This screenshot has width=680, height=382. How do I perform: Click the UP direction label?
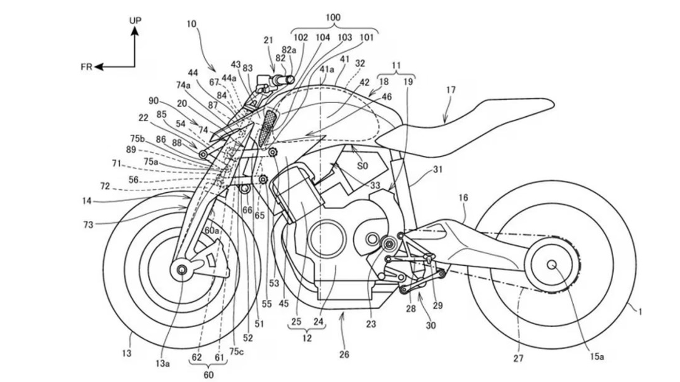[x=135, y=20]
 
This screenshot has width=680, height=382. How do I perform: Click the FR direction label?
[x=86, y=67]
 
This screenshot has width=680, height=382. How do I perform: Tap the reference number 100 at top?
[x=333, y=17]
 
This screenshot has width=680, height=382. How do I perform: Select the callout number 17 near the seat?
[x=450, y=90]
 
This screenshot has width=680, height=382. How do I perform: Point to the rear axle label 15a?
[x=596, y=357]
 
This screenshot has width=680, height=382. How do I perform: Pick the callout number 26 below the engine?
[x=344, y=354]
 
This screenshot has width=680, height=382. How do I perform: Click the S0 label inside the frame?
[x=362, y=166]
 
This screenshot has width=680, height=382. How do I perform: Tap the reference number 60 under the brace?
[x=208, y=375]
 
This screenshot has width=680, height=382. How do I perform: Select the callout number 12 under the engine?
[x=307, y=338]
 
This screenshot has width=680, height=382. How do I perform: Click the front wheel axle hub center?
[x=182, y=269]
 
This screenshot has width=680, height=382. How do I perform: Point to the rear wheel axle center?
[x=552, y=264]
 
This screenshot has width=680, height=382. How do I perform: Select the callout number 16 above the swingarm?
[x=463, y=198]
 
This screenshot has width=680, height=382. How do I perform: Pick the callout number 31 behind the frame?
[x=437, y=169]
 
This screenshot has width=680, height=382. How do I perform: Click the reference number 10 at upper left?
[x=191, y=24]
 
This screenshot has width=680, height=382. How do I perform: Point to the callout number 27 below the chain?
[x=518, y=359]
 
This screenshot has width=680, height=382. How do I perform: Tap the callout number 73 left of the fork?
[x=88, y=225]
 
